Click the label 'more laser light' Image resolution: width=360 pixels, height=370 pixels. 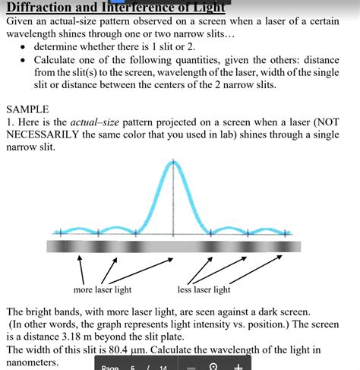click(103, 289)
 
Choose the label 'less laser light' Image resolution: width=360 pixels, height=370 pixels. click(204, 289)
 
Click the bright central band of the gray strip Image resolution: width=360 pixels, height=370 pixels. click(174, 246)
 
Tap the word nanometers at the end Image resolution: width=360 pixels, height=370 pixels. click(34, 362)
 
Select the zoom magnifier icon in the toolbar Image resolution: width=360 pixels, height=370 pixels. click(213, 366)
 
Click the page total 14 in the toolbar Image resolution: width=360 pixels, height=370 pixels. click(163, 367)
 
